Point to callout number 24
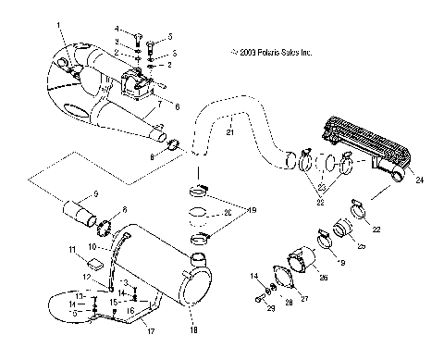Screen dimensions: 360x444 pyautogui.click(x=419, y=180)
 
